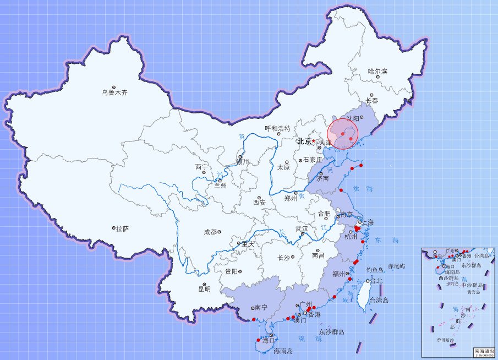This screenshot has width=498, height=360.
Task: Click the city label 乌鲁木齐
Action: click(114, 93)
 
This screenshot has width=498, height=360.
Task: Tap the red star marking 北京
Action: click(314, 141)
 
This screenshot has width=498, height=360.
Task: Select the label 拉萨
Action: click(122, 228)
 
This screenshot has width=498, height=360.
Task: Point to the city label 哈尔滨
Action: click(377, 72)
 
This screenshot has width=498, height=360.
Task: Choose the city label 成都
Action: click(210, 232)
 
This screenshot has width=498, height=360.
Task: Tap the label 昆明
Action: click(204, 289)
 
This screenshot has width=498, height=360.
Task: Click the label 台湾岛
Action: click(379, 300)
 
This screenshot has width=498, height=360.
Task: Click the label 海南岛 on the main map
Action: click(283, 351)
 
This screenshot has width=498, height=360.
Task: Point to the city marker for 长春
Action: click(372, 95)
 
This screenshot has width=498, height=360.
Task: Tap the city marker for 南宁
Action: click(251, 308)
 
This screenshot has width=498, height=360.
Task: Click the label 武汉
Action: click(302, 229)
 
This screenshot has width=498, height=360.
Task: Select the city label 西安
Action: click(259, 202)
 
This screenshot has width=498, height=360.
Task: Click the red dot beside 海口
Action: click(258, 340)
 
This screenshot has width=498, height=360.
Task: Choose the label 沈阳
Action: click(353, 118)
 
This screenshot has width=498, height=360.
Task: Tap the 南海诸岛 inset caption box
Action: click(484, 352)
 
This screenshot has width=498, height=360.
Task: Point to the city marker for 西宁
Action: click(204, 172)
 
